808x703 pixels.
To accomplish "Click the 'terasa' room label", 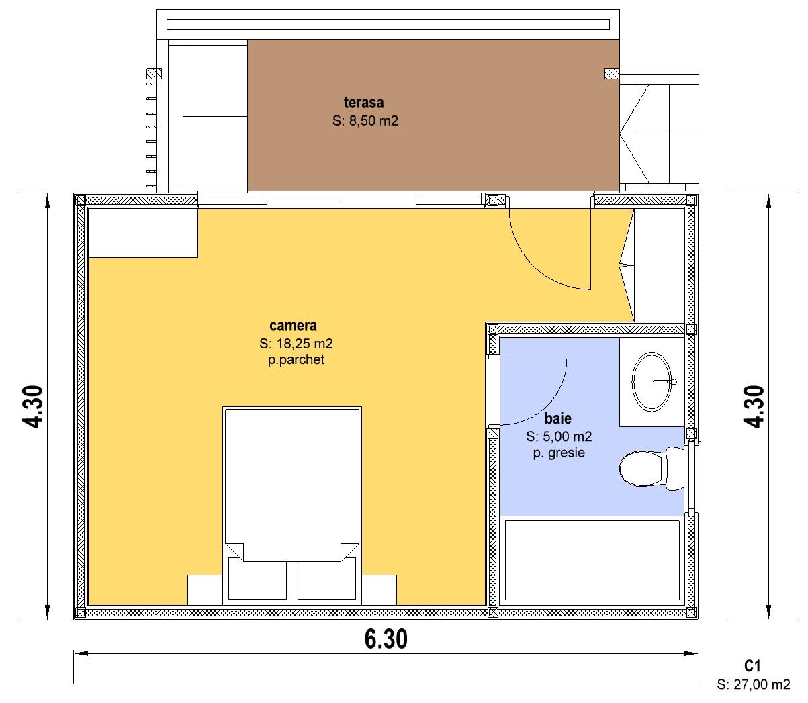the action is tap(363, 103).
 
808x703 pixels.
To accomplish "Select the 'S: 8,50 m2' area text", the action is tap(365, 120).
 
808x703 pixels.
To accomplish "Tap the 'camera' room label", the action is tap(293, 326).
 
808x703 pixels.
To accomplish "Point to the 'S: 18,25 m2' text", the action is tap(296, 343).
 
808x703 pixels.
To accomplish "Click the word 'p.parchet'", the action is tap(296, 360).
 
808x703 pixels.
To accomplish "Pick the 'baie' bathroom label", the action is tap(558, 418).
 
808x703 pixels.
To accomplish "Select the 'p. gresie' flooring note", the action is tap(559, 453).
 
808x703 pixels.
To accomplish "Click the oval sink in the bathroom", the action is tap(652, 381).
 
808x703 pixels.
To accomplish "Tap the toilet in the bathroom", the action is tap(652, 469).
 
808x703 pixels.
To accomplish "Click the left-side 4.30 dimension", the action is tap(32, 407).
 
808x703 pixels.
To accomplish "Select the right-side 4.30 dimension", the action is tap(754, 407).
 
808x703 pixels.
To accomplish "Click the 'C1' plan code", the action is tap(752, 666).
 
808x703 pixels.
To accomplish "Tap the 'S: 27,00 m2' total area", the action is tap(754, 684).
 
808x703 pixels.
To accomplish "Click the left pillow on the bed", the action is tap(257, 578).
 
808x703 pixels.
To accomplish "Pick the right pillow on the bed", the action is tap(326, 578).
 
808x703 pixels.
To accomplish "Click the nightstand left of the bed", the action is tap(205, 590).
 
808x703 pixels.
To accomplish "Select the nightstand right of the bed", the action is tap(379, 590).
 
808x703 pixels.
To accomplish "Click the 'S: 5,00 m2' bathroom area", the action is tap(559, 436).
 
